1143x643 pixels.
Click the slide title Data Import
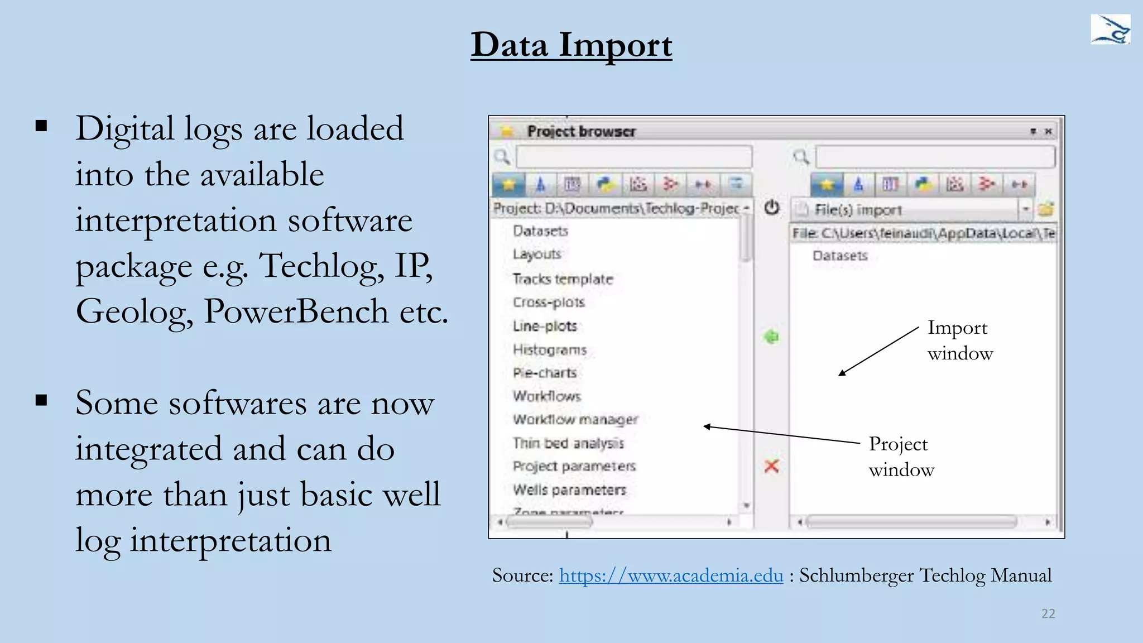coord(571,45)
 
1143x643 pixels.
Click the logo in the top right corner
coord(1110,30)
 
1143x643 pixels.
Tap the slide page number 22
coord(1048,613)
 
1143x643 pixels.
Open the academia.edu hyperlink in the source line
coord(671,575)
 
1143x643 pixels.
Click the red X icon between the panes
coord(771,466)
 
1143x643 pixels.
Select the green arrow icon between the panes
coord(771,337)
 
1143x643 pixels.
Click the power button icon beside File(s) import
coord(772,208)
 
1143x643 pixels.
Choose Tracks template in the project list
coord(563,279)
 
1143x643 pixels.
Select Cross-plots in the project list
coord(549,302)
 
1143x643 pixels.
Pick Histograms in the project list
coord(550,349)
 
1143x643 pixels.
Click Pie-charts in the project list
coord(545,373)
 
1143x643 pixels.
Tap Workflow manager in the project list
coord(575,419)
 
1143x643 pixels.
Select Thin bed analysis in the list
coord(568,443)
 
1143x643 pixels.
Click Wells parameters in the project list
coord(569,490)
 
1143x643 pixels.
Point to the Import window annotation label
coord(959,340)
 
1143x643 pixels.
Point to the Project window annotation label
coord(901,457)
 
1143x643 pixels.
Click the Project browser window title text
coord(581,131)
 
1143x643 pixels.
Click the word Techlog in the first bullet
coord(320,265)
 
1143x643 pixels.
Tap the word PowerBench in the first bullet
coord(296,311)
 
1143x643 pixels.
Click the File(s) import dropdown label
coord(858,210)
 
